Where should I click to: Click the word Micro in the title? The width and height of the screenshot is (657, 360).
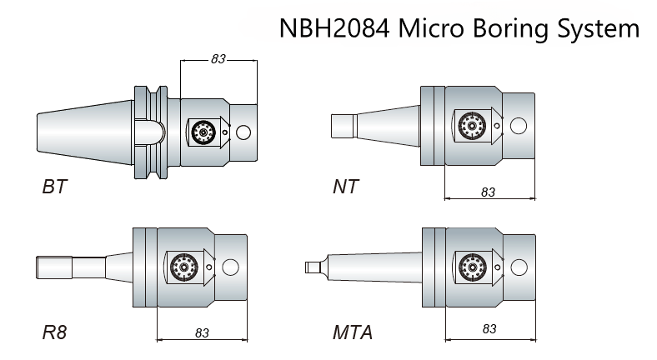point(432,28)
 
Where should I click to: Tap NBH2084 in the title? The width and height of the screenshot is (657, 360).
point(334,28)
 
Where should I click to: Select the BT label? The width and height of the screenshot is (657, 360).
point(54,187)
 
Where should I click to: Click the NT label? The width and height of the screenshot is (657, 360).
point(346,187)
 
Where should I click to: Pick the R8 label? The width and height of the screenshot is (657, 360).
point(54,332)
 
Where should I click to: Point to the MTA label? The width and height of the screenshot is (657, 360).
point(353,332)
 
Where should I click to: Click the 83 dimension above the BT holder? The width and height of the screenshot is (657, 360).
point(218,59)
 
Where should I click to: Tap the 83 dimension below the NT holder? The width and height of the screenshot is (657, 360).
point(488,192)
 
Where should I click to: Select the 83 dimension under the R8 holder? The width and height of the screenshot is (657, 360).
point(202,332)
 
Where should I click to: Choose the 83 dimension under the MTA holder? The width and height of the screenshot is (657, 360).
point(489,328)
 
